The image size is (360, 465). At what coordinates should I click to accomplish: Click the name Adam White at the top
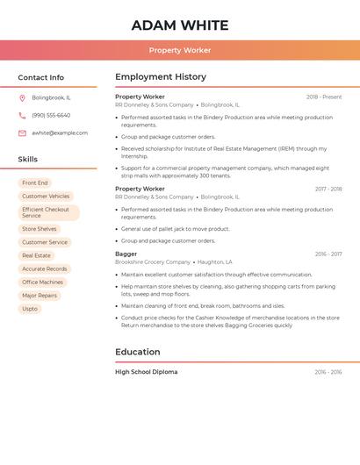coord(180,25)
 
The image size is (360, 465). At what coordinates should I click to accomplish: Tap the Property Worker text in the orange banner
coord(180,50)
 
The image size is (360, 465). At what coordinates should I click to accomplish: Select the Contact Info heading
coord(41,77)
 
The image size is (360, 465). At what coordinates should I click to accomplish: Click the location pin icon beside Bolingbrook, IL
coord(22,97)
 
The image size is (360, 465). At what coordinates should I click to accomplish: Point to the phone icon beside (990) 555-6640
coord(22,115)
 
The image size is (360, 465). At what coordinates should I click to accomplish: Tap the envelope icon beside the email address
coord(22,132)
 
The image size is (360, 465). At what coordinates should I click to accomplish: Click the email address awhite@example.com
coord(60,132)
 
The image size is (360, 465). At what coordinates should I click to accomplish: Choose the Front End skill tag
coord(35,182)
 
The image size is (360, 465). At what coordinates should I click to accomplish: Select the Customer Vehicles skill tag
coord(46,196)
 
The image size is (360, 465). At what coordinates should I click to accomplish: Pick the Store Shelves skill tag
coord(40,229)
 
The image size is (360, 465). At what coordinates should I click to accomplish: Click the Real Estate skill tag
coord(36,255)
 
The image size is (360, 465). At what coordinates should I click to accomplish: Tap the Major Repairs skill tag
coord(40,296)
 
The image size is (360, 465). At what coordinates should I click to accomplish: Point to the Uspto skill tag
coord(30,309)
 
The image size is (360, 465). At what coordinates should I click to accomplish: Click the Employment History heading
coord(161,77)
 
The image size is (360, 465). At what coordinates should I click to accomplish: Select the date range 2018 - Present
coord(324,97)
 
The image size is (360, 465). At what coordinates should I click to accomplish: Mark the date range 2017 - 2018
coord(328,189)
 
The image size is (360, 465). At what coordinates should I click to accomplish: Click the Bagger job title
coord(126,254)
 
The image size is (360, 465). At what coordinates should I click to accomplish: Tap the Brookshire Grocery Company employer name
coord(153,261)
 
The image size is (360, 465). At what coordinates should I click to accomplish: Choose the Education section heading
coord(138,352)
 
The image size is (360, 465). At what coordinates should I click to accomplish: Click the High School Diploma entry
coord(146,372)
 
